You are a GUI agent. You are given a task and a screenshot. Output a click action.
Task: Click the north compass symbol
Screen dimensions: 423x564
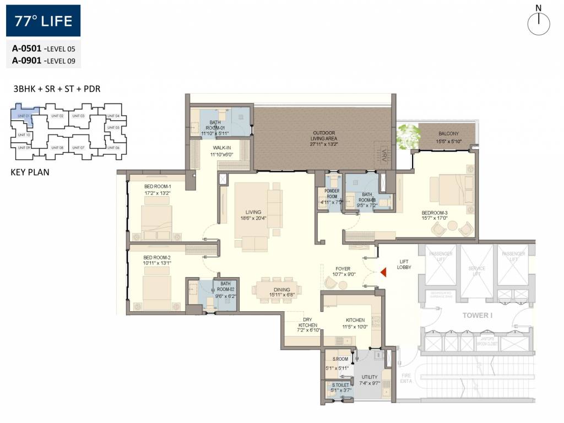[539, 23]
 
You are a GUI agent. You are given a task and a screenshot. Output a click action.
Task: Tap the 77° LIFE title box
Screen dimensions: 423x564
[44, 21]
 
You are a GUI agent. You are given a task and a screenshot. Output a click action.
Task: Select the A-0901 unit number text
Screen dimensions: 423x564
[28, 61]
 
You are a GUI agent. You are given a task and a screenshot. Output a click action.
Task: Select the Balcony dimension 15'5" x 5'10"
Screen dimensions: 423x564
[448, 142]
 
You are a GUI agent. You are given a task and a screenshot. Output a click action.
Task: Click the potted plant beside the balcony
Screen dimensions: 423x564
[408, 135]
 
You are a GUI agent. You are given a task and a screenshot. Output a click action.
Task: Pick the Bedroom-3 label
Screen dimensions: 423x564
[435, 213]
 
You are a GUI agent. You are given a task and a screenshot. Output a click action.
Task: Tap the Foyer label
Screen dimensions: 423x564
[343, 269]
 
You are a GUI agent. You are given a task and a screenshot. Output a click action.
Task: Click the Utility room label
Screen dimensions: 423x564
[370, 377]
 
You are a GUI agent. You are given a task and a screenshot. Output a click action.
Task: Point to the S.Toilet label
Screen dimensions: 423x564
[338, 385]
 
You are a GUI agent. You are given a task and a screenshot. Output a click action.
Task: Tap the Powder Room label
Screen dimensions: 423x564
[331, 193]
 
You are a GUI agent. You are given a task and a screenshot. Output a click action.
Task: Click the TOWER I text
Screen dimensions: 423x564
[477, 316]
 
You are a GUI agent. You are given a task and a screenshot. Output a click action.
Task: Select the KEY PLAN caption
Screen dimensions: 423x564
[30, 172]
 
